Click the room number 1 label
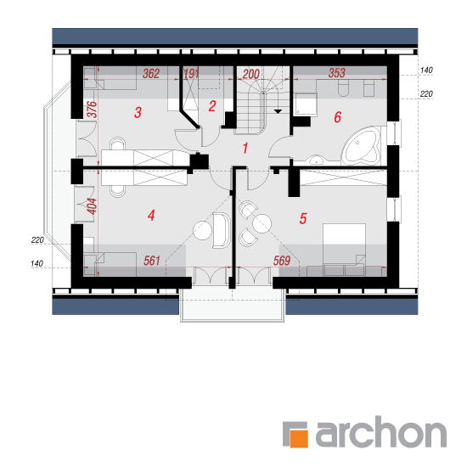245,148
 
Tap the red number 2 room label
212,106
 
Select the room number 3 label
138,113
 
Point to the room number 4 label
151,216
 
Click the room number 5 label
303,218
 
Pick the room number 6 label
337,117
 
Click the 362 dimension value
151,74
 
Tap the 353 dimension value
337,73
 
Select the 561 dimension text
152,261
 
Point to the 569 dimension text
282,261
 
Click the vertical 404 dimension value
93,206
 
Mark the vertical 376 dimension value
93,110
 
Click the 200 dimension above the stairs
251,74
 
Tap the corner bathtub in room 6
362,146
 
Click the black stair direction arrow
278,111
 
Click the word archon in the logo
381,432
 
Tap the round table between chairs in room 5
262,223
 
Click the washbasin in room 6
316,160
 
